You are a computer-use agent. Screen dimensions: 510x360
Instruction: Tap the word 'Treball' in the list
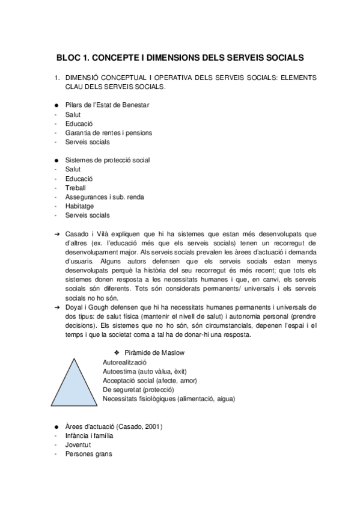(x=76, y=187)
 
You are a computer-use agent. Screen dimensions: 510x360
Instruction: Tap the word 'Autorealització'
(x=124, y=362)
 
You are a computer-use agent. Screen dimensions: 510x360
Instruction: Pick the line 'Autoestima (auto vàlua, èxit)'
(x=141, y=371)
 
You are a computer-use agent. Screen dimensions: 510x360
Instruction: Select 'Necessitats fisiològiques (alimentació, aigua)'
(x=168, y=398)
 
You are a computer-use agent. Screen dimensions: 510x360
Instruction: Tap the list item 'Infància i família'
(x=90, y=435)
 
